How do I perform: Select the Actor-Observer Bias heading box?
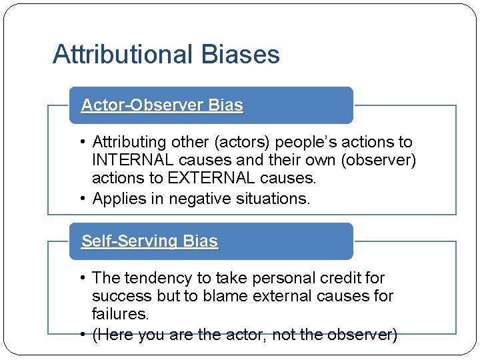[211, 105]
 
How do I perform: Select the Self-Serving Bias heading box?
[211, 241]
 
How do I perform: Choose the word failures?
[119, 313]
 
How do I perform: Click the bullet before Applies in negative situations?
[82, 199]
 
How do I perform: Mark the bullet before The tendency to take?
[82, 278]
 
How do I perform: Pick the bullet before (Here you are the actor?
[82, 335]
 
